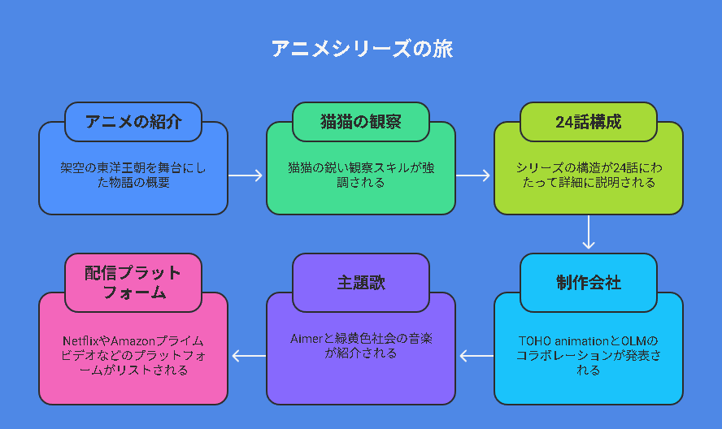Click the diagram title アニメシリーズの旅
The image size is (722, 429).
[x=362, y=49]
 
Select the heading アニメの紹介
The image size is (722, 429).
[x=133, y=122]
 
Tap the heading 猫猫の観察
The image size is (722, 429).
[x=361, y=122]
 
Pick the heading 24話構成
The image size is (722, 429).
[x=589, y=122]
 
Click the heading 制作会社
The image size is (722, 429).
[x=589, y=283]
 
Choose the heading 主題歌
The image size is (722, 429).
[x=361, y=283]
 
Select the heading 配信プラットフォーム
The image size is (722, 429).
[x=133, y=283]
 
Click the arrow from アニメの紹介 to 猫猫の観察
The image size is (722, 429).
[x=246, y=175]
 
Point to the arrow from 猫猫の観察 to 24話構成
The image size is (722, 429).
[x=473, y=175]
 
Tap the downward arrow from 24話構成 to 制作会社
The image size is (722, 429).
[x=589, y=232]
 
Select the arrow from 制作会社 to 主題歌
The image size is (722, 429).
[x=476, y=356]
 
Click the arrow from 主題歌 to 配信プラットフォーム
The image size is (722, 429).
[x=249, y=356]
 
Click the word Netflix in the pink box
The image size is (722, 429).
[x=81, y=341]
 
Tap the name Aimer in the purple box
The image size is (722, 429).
[x=307, y=339]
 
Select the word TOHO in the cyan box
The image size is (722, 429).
[x=535, y=341]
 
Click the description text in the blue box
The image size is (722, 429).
[x=133, y=175]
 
